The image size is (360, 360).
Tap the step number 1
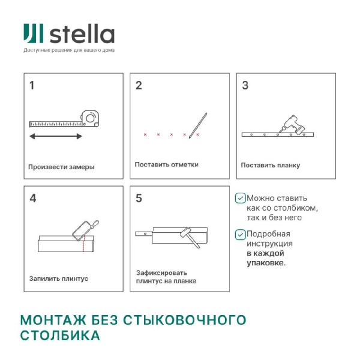[32, 85]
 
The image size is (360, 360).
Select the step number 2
[139, 85]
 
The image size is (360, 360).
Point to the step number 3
[245, 85]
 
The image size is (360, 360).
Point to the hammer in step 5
[187, 236]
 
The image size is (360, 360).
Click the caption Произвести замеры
[61, 167]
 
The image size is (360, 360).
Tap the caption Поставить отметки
[166, 164]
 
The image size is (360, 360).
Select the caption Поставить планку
[271, 165]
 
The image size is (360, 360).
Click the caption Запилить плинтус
[59, 278]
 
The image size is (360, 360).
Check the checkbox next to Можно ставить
[240, 197]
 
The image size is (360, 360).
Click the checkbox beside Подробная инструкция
[240, 234]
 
